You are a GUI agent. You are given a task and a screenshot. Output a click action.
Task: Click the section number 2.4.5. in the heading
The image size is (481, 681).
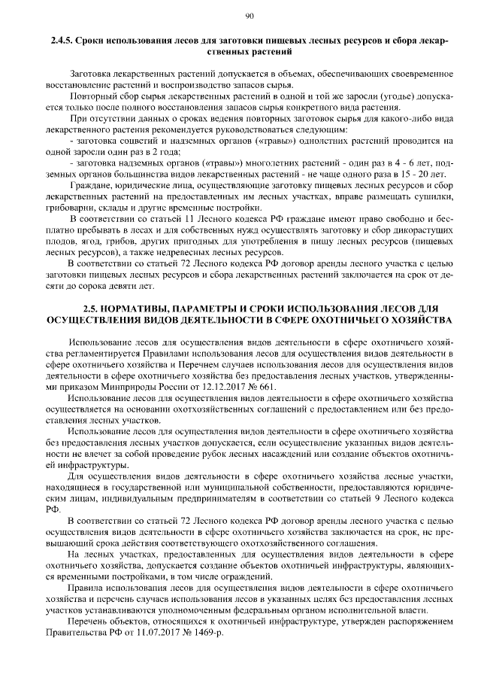(x=62, y=40)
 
